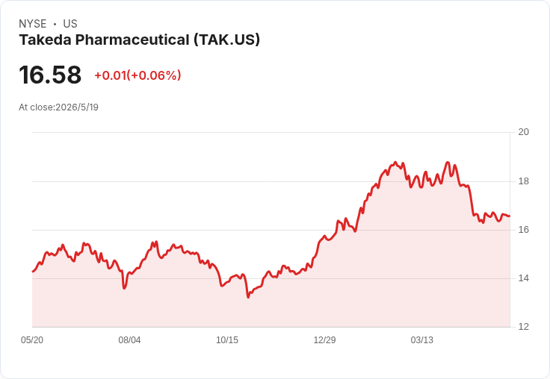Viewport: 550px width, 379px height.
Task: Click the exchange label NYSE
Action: click(33, 24)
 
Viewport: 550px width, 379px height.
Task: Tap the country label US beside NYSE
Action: click(70, 24)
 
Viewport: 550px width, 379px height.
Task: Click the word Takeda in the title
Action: click(46, 40)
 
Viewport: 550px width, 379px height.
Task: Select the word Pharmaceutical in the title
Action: click(132, 40)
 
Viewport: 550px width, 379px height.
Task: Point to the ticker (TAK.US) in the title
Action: click(227, 40)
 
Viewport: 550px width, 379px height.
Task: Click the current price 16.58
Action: click(50, 75)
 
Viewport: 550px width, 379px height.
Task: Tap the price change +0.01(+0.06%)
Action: click(137, 75)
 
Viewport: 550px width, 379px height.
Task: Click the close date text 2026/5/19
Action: click(77, 107)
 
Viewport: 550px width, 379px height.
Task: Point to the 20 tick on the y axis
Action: click(523, 132)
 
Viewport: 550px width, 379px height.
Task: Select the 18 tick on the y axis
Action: click(523, 181)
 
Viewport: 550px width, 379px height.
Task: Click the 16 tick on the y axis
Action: click(523, 230)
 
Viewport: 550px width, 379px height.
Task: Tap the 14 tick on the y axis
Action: click(523, 278)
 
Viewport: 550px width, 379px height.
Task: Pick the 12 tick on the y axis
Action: click(523, 327)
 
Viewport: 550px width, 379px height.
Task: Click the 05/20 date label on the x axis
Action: click(32, 340)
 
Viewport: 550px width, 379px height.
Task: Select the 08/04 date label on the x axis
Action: click(129, 340)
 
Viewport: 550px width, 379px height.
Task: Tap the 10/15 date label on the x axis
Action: click(227, 340)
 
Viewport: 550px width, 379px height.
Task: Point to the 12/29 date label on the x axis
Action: click(324, 340)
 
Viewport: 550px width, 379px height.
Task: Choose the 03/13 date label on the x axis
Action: click(422, 340)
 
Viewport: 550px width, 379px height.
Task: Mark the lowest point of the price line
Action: click(248, 298)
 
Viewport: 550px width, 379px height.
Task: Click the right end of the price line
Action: click(510, 216)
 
